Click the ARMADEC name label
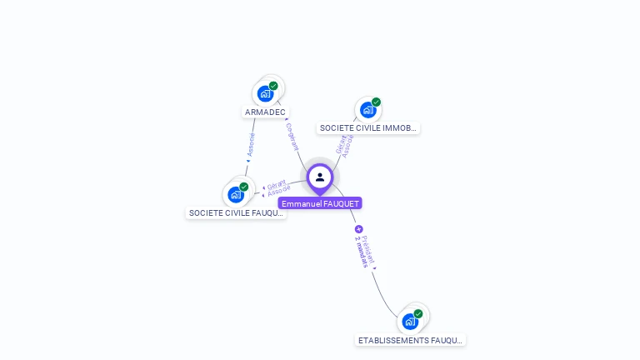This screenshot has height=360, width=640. click(265, 112)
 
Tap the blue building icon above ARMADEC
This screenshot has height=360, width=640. click(265, 93)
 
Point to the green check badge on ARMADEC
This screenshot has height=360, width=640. click(273, 86)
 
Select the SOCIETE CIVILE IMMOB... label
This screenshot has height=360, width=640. click(367, 128)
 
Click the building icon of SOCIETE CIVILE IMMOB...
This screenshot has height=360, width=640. click(367, 110)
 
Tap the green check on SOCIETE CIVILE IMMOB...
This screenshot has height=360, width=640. click(376, 102)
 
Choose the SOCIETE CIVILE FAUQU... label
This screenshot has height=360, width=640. click(236, 212)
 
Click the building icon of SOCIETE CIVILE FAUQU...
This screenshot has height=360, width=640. click(236, 194)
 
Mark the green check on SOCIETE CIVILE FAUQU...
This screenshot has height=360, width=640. click(244, 187)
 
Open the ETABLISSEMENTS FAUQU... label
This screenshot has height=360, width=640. click(410, 340)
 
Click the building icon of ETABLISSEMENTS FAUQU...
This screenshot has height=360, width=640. click(409, 321)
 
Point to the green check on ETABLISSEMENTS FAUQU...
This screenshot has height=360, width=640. click(418, 313)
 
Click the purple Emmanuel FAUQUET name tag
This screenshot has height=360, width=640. click(320, 203)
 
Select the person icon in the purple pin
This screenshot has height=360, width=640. click(320, 177)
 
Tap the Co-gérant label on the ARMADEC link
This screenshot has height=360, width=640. click(292, 136)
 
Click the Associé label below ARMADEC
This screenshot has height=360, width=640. click(250, 146)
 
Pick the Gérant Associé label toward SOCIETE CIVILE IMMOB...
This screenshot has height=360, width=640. click(345, 145)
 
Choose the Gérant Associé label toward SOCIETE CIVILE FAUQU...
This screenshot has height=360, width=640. click(277, 189)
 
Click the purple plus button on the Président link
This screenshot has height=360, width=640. click(358, 229)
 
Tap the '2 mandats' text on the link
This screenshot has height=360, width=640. click(361, 252)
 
